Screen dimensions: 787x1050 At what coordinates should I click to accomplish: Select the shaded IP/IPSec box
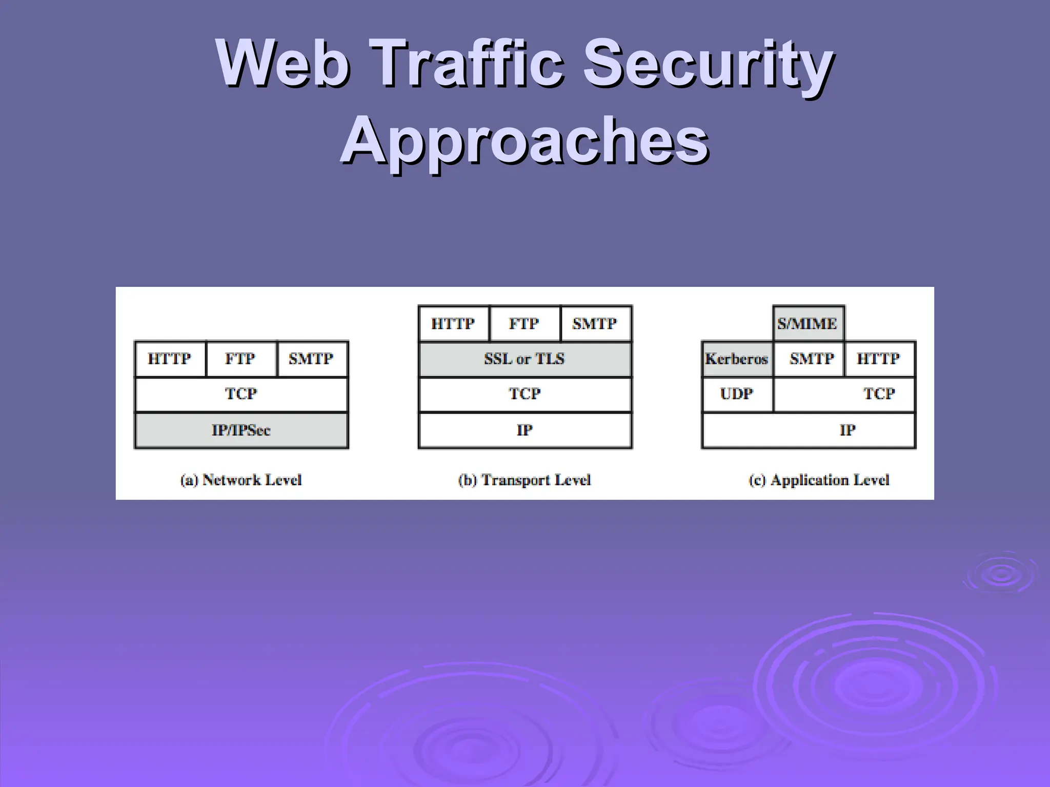point(241,430)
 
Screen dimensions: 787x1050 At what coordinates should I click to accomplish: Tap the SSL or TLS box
point(524,359)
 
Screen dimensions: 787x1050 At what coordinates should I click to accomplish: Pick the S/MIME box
point(808,324)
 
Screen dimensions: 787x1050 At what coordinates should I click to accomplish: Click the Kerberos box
point(737,359)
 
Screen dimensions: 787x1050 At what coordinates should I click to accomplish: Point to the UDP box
point(737,394)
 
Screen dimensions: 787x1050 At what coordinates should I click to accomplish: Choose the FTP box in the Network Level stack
point(241,359)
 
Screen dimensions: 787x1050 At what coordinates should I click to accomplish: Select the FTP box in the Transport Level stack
point(524,324)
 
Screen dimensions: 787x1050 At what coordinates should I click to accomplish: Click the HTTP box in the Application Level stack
point(879,359)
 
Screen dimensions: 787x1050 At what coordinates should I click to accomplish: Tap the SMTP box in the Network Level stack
point(312,359)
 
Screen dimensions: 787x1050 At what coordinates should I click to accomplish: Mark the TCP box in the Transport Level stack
point(524,394)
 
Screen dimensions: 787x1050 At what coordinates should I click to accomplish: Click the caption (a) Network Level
point(241,480)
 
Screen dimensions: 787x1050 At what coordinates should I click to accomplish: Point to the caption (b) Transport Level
point(524,480)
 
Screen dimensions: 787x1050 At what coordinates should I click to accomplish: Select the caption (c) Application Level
point(819,480)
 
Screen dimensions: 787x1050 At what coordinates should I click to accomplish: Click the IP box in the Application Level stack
point(809,430)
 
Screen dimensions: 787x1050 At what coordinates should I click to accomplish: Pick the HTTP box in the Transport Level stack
point(453,324)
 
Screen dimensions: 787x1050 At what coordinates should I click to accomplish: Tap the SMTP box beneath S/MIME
point(808,359)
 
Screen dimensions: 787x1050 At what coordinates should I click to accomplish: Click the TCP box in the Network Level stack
point(241,394)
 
